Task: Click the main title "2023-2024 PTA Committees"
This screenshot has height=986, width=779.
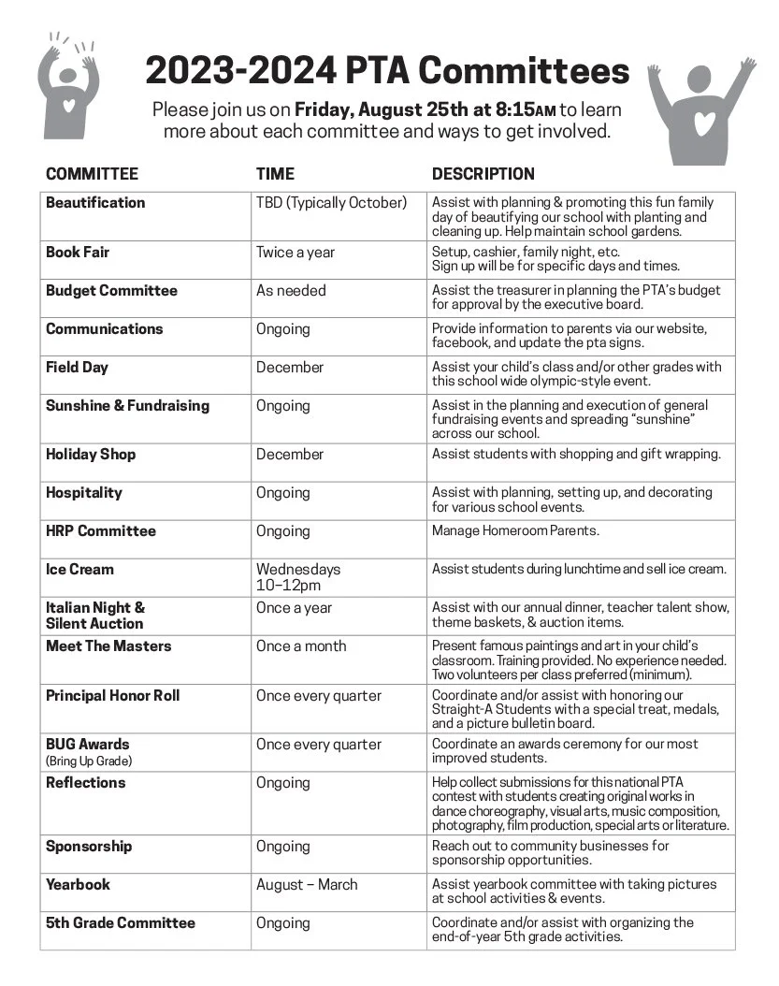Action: click(x=387, y=72)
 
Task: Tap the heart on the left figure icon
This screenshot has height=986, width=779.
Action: click(x=69, y=105)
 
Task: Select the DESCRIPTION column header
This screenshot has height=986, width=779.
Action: click(x=483, y=174)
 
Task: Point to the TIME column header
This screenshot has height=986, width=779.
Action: click(x=275, y=174)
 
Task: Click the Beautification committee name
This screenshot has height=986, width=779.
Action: click(x=95, y=203)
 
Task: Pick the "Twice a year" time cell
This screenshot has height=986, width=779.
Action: click(x=296, y=253)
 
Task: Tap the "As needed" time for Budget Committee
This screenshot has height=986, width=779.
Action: click(x=291, y=291)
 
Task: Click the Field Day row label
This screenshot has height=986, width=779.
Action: click(x=77, y=368)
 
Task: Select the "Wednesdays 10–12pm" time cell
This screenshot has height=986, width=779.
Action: click(x=298, y=577)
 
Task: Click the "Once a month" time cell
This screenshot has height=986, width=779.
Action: click(x=301, y=646)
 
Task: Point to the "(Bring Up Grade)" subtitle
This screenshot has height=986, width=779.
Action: click(x=89, y=761)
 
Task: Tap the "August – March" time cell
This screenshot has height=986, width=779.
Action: click(x=307, y=885)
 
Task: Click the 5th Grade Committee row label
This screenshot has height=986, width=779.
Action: click(x=121, y=923)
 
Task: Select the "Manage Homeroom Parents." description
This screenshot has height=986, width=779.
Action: click(x=515, y=531)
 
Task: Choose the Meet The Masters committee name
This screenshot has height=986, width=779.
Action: click(x=108, y=646)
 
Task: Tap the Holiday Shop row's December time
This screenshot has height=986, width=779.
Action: click(x=290, y=455)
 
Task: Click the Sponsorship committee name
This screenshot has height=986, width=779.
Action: click(x=89, y=847)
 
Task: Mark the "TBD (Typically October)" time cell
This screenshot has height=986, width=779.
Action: click(x=332, y=203)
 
